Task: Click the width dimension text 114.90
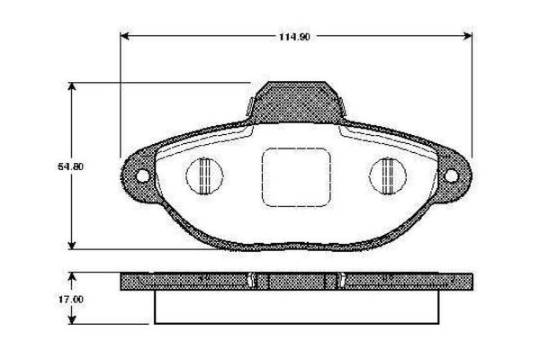pyautogui.click(x=294, y=36)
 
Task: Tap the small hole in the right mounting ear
pyautogui.click(x=450, y=175)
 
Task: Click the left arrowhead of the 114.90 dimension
pyautogui.click(x=125, y=36)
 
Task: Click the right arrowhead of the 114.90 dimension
pyautogui.click(x=468, y=36)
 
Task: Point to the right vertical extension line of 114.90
pyautogui.click(x=472, y=90)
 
